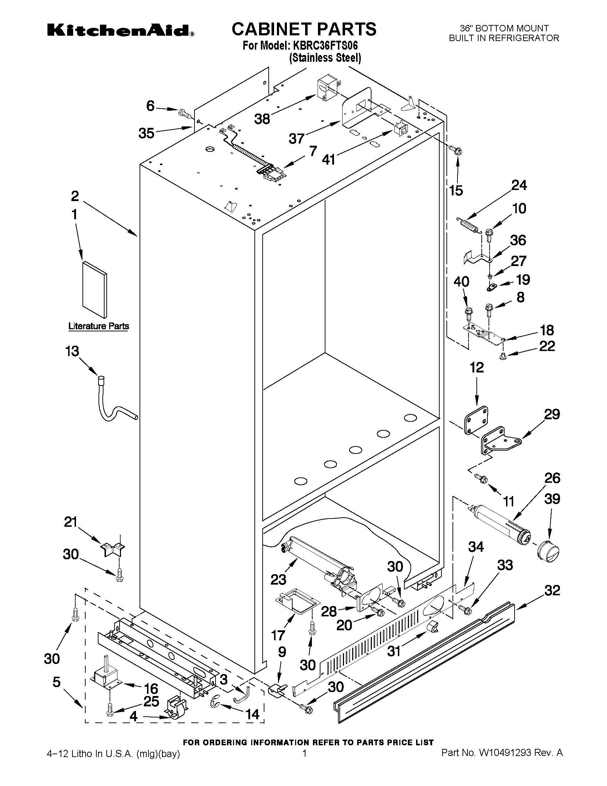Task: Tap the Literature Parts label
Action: coord(98,326)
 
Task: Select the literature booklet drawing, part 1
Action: coord(95,290)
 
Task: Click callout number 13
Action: coord(72,351)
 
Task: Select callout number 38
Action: coord(262,119)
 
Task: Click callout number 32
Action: coord(552,590)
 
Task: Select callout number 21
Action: coord(71,521)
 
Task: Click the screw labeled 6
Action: coord(184,113)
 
